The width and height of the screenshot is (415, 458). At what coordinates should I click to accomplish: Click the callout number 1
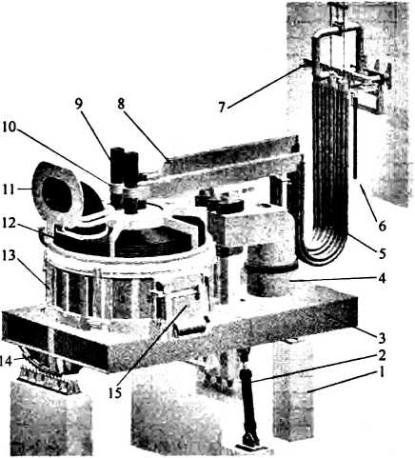[x=382, y=371]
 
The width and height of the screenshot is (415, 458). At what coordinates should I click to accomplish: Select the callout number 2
[x=382, y=355]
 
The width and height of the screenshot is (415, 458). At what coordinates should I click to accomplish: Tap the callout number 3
[x=382, y=338]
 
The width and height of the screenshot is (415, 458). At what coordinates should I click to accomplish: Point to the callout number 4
[x=382, y=278]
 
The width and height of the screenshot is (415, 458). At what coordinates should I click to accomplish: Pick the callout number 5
[x=382, y=253]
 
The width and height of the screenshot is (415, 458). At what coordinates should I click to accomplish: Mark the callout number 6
[x=382, y=226]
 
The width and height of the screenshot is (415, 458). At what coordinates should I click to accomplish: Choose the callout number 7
[x=222, y=108]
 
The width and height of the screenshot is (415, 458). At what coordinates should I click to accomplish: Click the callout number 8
[x=121, y=104]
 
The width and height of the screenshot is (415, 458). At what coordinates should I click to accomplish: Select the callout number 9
[x=78, y=104]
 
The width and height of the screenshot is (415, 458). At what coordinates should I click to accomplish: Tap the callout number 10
[x=9, y=127]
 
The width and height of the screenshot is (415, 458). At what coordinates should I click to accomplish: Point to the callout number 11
[x=8, y=189]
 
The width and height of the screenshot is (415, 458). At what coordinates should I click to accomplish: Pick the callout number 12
[x=9, y=223]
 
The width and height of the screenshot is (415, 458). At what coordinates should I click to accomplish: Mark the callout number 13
[x=9, y=255]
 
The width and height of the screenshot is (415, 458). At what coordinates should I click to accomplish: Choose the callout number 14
[x=7, y=361]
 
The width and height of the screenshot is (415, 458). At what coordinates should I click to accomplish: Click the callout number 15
[x=115, y=393]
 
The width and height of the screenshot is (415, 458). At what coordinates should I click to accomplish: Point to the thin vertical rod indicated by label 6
[x=355, y=138]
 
